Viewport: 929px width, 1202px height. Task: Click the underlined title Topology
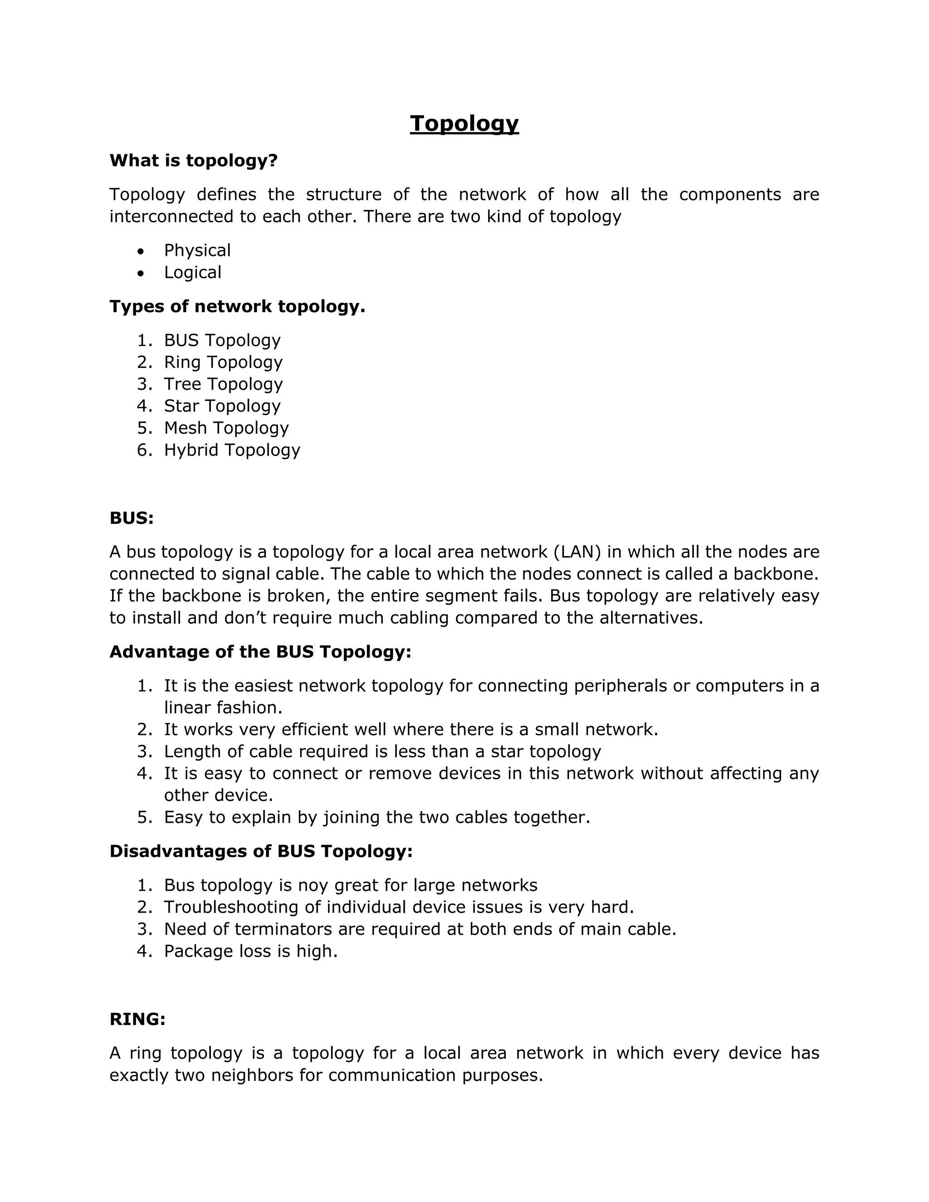coord(464,123)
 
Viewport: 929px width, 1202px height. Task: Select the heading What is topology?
coord(193,161)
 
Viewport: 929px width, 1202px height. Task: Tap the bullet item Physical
coord(197,250)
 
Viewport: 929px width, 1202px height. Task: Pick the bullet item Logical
coord(193,273)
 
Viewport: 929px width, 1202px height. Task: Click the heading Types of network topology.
coord(237,307)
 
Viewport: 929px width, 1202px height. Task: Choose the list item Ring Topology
coord(223,362)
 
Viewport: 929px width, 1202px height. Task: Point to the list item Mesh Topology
coord(226,428)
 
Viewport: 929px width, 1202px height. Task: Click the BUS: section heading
coord(132,518)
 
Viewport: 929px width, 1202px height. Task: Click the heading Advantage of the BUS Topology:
coord(260,652)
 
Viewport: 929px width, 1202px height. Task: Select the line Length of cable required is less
coord(382,751)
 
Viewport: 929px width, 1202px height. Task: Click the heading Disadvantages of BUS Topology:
coord(261,851)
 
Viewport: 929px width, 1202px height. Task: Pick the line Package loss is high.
coord(250,951)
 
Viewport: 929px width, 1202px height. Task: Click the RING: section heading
coord(137,1019)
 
